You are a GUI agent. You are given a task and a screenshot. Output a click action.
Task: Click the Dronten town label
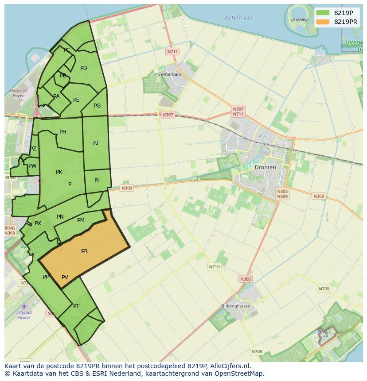tap(265, 167)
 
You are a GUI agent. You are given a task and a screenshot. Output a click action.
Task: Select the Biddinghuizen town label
tap(236, 306)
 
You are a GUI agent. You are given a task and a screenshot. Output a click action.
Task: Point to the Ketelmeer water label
tap(238, 18)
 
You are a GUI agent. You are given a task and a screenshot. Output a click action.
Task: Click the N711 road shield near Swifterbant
tap(172, 52)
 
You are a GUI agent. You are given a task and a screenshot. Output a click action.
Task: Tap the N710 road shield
tap(214, 267)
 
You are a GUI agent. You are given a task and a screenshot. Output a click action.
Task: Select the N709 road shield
tap(324, 289)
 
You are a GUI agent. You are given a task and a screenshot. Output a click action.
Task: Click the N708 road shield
tap(257, 352)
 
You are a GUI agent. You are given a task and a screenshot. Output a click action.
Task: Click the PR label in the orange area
tap(84, 251)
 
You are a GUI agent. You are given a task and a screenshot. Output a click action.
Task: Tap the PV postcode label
tap(65, 277)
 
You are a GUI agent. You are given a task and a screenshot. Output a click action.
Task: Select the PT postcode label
tap(76, 306)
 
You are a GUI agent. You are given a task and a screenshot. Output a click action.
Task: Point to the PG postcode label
tap(97, 106)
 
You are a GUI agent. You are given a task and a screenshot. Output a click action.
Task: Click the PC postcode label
tap(67, 50)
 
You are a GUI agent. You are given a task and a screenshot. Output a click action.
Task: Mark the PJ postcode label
tap(96, 142)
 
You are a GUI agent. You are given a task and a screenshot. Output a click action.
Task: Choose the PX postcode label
tap(38, 223)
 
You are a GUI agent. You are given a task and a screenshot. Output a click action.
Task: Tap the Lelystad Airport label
tap(24, 315)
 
